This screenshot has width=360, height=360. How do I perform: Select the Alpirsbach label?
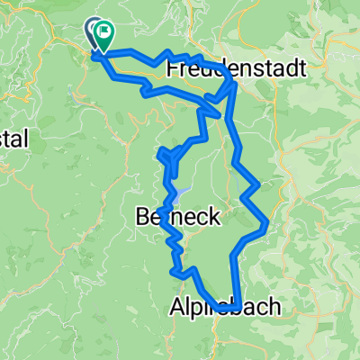[x=225, y=308]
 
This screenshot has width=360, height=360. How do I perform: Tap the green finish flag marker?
[x=103, y=37]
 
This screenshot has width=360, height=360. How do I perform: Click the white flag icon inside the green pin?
[x=104, y=35]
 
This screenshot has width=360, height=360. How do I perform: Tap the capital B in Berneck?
[x=140, y=216]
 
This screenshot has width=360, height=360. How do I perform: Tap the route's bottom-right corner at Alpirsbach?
[x=236, y=307]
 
